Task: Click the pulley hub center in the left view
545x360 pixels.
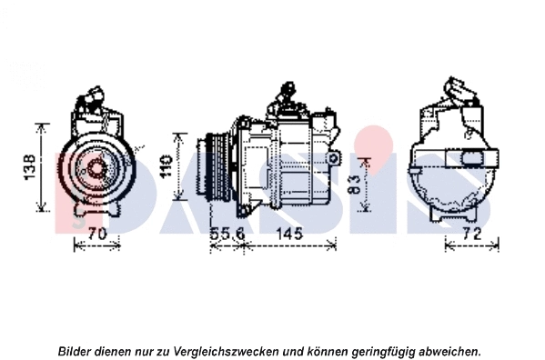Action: point(95,167)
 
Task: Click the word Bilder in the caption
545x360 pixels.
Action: point(76,350)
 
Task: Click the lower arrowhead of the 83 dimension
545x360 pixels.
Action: point(366,210)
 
